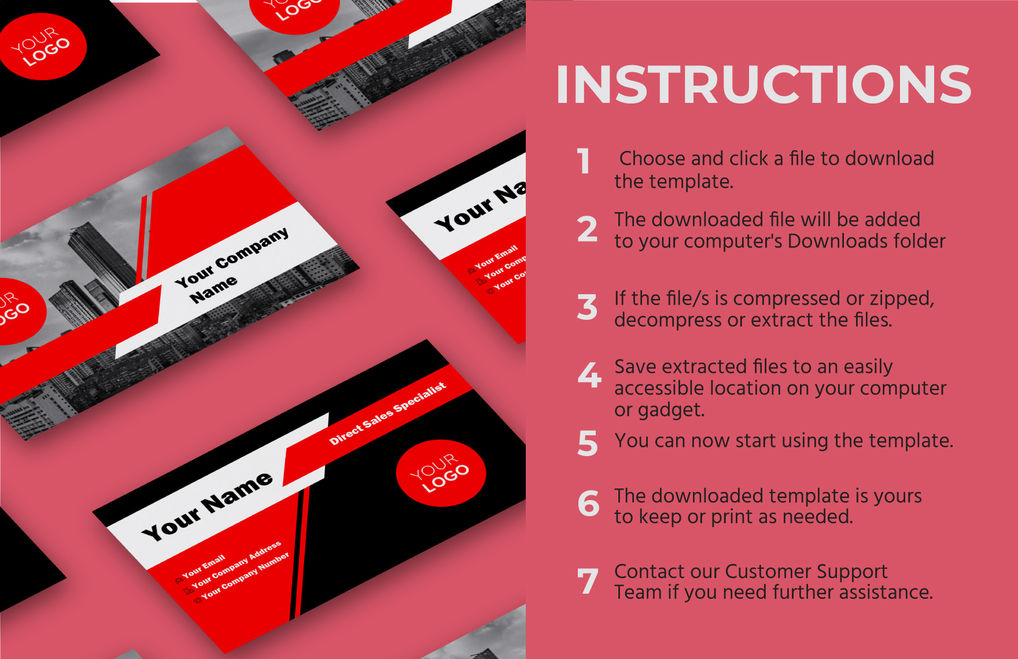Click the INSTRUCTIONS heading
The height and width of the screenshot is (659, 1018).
[763, 84]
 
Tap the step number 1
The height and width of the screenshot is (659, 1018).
[584, 161]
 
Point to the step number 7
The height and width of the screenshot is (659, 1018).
[588, 581]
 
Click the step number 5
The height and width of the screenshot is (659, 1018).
[588, 443]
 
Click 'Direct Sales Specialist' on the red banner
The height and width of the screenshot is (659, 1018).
[388, 414]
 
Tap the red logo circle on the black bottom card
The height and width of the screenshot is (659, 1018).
[441, 473]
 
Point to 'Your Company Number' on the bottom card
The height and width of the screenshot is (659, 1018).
[246, 577]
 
